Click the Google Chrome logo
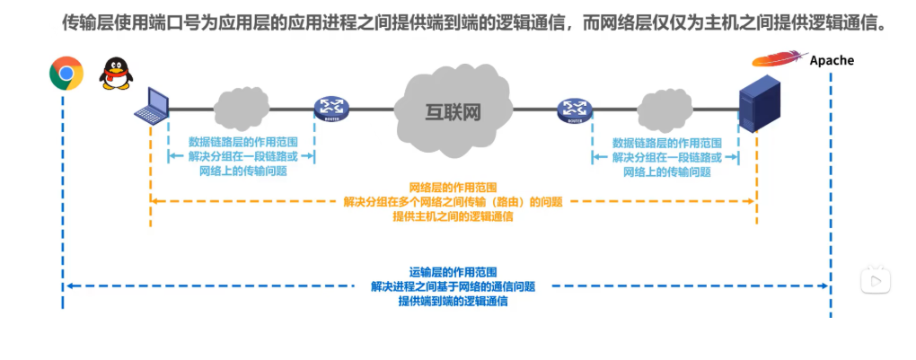coord(66,74)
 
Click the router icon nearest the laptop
coord(330,110)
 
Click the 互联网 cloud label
coord(453,111)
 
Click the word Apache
coord(832,61)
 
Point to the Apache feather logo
coord(778,59)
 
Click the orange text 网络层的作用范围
coord(453,188)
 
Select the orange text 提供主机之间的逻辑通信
coord(453,216)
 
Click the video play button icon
coord(875,280)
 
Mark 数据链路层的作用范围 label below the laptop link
coord(242,142)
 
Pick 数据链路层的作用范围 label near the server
coord(666,142)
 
